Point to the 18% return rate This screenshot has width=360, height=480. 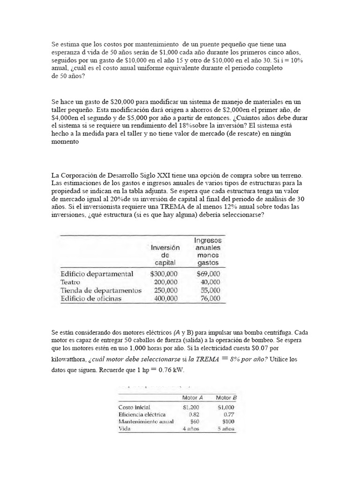218,126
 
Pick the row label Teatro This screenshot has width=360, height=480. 70,282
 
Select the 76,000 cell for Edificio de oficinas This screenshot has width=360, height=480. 210,298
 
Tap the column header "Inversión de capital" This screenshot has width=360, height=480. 165,255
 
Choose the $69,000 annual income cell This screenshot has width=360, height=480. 209,274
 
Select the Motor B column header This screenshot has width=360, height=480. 226,398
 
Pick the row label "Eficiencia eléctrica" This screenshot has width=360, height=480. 142,414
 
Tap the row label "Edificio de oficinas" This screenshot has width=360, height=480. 91,298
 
